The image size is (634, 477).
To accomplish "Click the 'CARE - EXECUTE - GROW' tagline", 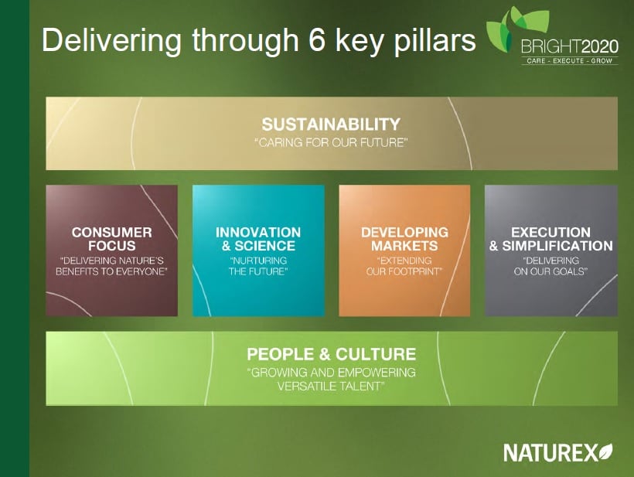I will point(568,60).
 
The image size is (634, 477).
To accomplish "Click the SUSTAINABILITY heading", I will point(331,124).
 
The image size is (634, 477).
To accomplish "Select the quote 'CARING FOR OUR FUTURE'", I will point(331,143).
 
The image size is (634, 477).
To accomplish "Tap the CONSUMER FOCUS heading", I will point(111,239).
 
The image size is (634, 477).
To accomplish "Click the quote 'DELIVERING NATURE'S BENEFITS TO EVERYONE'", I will point(111,266).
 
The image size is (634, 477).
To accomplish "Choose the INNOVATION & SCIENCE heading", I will point(258,239).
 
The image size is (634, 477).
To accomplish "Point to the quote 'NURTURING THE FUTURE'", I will point(258,266).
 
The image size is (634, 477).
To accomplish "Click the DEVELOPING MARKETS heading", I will point(404,239).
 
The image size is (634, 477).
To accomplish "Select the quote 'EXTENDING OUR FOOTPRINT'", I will point(404,266).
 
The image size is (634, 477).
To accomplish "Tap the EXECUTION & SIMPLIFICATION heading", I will point(550,239).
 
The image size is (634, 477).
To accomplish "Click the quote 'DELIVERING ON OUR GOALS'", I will point(550,266).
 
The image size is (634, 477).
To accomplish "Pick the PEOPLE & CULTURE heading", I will point(331,354).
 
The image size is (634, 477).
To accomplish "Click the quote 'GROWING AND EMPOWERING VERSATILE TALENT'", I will point(331,379).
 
